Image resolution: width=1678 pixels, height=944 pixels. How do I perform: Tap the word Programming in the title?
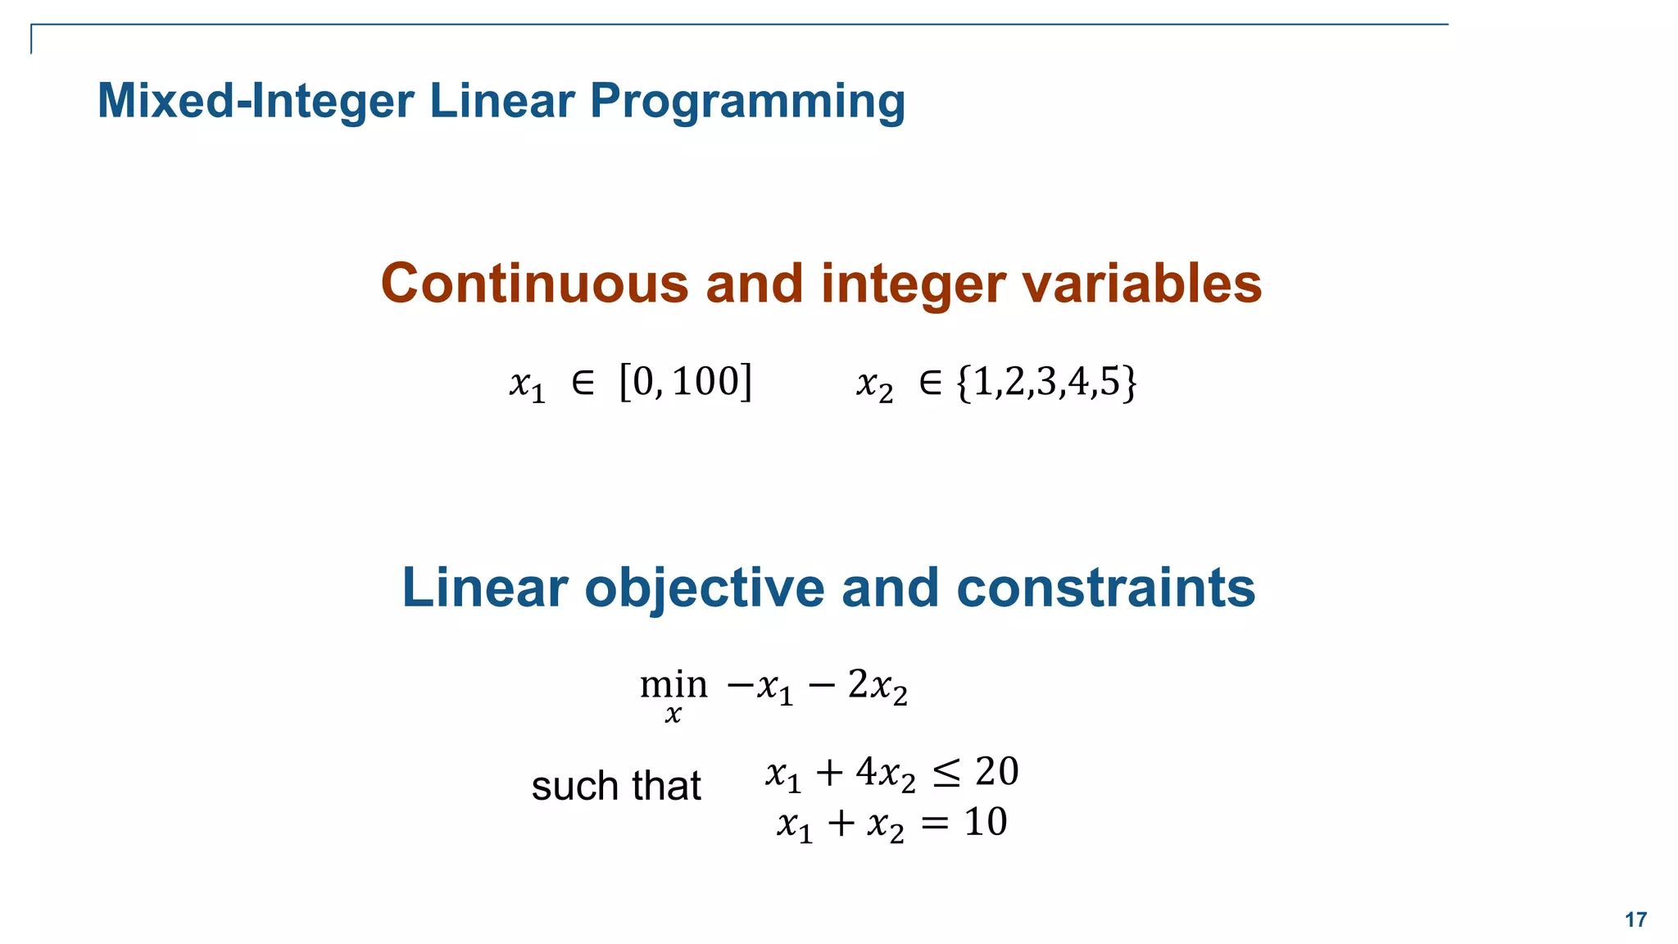747,102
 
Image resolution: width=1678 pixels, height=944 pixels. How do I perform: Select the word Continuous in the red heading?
534,284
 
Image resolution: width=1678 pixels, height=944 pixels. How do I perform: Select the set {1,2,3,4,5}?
1046,383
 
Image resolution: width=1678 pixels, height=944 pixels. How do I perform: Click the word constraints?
1105,588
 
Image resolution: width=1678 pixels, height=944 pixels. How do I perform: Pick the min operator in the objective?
673,683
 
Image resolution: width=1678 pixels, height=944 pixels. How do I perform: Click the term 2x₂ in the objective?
878,686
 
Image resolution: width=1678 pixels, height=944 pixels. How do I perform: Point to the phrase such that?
616,786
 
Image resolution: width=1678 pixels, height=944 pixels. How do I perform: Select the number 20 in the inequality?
996,772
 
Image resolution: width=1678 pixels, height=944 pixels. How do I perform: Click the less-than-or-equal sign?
946,774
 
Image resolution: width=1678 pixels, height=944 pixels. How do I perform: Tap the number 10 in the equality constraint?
985,822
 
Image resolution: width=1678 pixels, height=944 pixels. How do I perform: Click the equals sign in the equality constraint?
934,824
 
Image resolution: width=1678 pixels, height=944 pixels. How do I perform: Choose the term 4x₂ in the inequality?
886,774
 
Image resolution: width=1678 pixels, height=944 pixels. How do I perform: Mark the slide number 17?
1635,920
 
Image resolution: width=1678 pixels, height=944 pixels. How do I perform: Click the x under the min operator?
673,715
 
